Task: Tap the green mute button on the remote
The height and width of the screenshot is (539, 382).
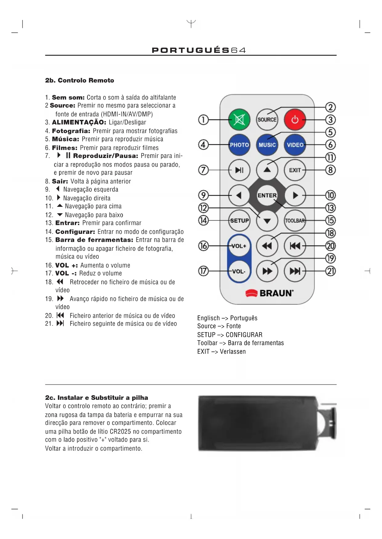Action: coord(239,120)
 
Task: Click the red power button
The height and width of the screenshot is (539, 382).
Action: coord(295,120)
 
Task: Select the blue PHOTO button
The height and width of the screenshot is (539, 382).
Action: coord(239,145)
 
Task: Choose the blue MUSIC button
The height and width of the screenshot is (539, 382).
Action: coord(267,145)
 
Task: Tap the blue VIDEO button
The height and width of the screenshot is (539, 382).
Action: coord(295,145)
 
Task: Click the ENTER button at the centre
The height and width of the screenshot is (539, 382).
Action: coord(267,195)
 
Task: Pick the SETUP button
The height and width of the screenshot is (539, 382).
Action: coord(239,221)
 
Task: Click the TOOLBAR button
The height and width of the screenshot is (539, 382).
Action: coord(295,221)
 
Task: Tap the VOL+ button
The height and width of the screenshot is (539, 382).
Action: coord(239,246)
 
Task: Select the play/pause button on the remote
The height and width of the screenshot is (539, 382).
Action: coord(239,170)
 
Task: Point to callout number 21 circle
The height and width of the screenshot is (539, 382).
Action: coord(330,271)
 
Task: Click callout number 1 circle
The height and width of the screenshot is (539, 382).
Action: coord(203,120)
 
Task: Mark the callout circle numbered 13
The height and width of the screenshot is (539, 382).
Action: coord(330,208)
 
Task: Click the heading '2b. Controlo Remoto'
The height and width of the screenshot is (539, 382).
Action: coord(80,81)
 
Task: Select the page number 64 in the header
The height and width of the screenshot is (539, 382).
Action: coord(238,50)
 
